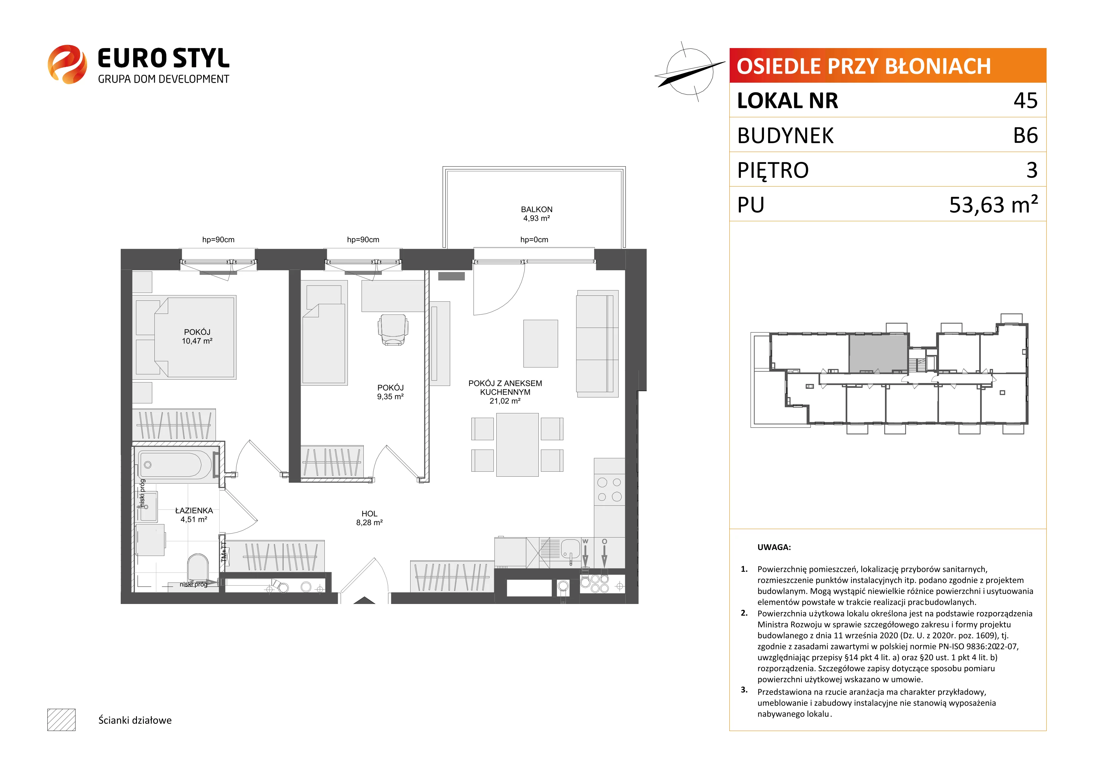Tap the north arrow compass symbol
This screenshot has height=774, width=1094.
tap(689, 71)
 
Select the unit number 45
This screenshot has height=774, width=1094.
tap(1025, 100)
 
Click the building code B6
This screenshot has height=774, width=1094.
tap(1025, 135)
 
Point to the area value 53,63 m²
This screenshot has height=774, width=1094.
tap(994, 204)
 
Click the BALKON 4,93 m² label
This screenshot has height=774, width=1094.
tap(537, 213)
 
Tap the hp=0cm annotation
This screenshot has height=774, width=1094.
tap(534, 240)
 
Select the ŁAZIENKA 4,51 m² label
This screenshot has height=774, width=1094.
tap(194, 515)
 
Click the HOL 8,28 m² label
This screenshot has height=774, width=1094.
tap(369, 518)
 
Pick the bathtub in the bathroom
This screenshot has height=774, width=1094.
tap(175, 465)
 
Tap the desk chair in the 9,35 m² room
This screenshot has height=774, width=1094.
tap(393, 330)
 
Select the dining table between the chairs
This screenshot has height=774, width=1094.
tap(518, 445)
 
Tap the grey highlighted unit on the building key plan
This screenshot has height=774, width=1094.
tap(878, 353)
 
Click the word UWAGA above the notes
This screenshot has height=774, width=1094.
tap(774, 547)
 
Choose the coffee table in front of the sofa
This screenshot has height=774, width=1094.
tap(540, 343)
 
